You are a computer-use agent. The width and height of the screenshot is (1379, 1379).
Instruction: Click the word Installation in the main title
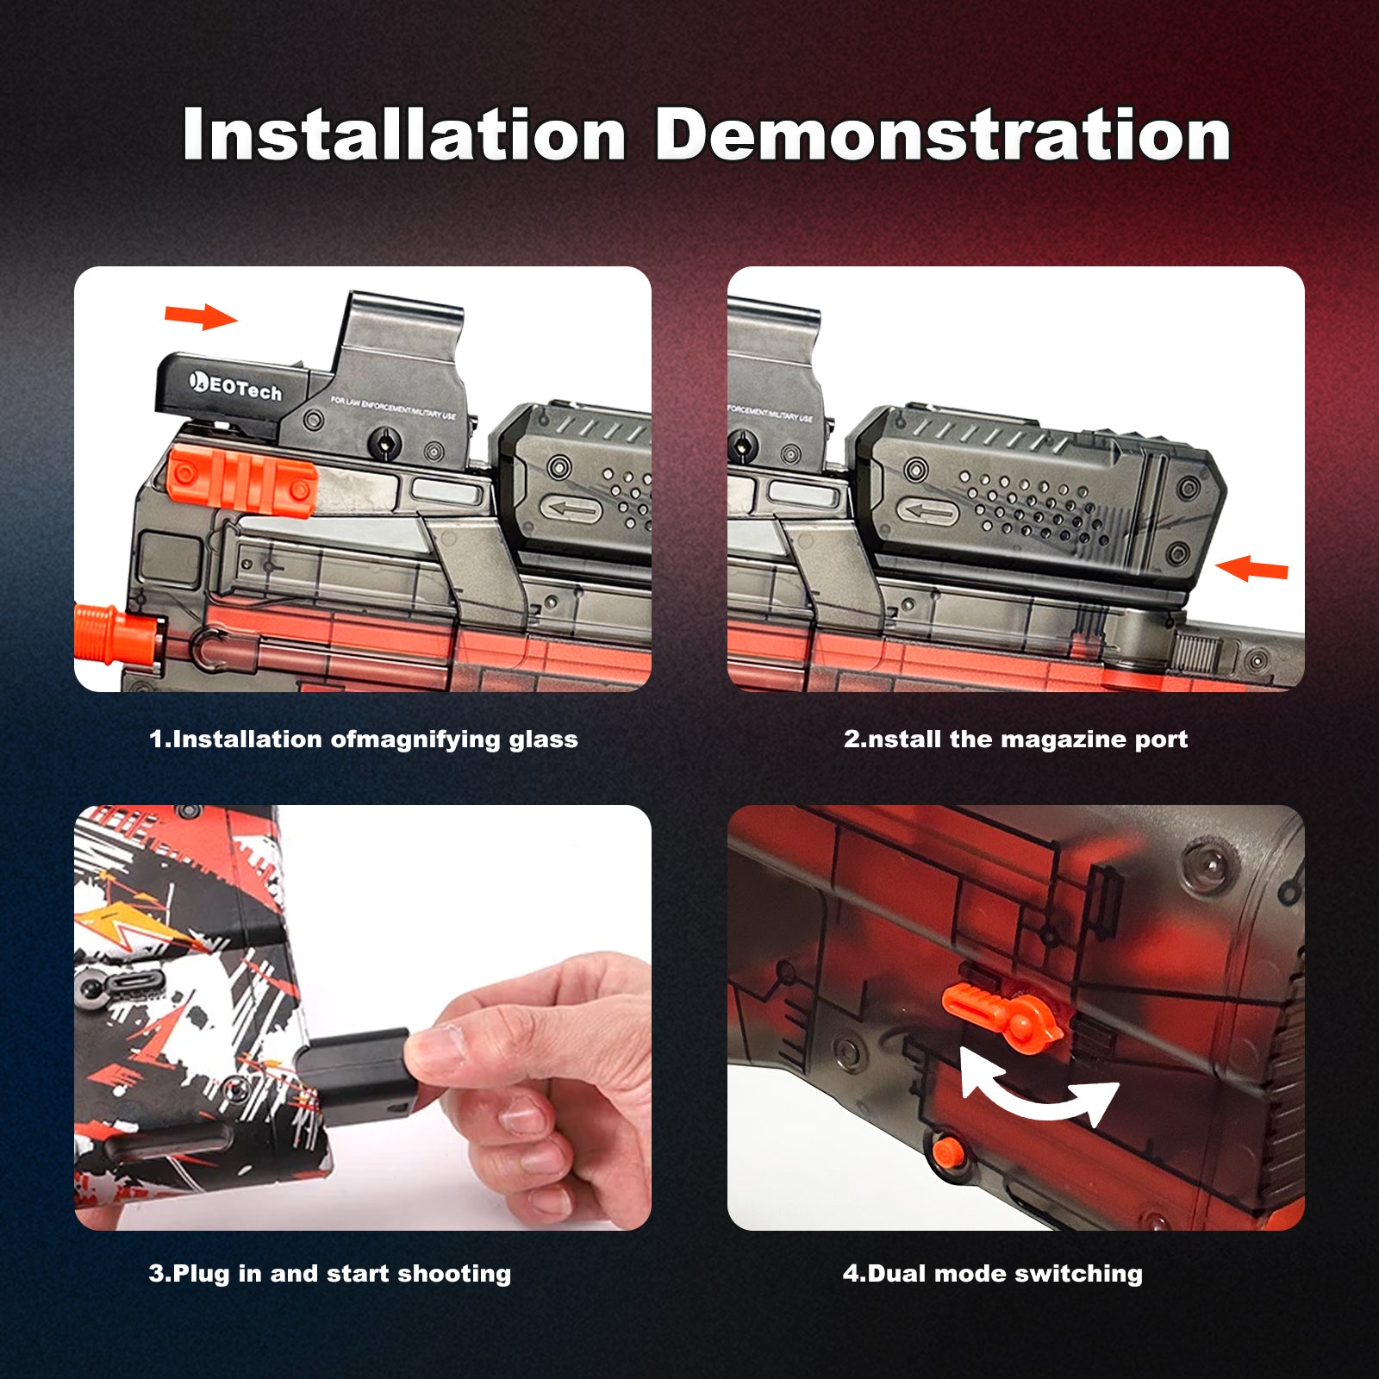tap(404, 134)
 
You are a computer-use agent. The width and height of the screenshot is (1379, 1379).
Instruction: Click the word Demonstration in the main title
tap(943, 134)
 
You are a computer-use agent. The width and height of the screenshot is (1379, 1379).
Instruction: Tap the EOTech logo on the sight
tap(235, 385)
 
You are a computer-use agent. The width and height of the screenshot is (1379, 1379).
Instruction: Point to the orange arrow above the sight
tap(201, 316)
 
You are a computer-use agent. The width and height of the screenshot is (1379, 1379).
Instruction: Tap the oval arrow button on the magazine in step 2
tap(927, 510)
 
